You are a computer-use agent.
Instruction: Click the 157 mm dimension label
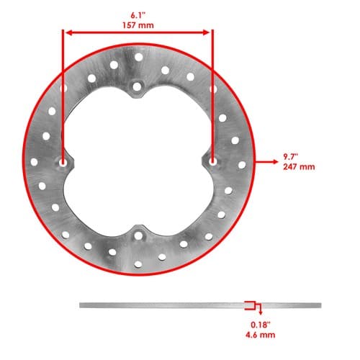click(x=138, y=25)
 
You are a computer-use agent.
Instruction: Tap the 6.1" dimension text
click(x=138, y=15)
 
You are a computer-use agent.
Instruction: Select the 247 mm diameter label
click(x=299, y=167)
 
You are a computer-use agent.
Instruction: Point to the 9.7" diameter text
click(x=290, y=157)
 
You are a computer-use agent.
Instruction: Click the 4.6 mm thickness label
click(x=261, y=335)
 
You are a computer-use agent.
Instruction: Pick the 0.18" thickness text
click(x=261, y=325)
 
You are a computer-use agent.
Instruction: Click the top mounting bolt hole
click(x=137, y=86)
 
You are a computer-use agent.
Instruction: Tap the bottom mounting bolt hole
click(x=138, y=235)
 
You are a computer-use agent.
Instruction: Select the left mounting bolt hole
click(x=63, y=163)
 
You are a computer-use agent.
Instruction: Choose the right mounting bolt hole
click(x=212, y=161)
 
